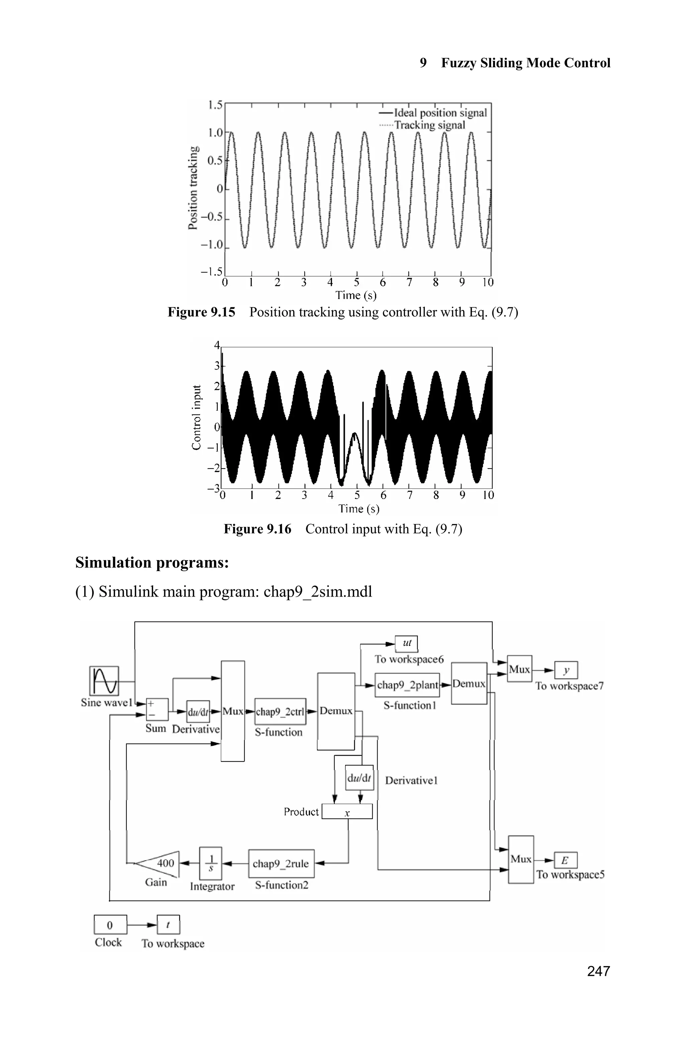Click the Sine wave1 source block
[x=104, y=681]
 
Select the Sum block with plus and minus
[x=157, y=709]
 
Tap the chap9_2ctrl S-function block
[x=280, y=712]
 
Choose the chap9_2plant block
[x=407, y=685]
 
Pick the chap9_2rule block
[x=281, y=863]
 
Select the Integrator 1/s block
[x=211, y=863]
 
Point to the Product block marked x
[x=347, y=812]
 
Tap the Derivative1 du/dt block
[x=359, y=778]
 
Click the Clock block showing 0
[x=110, y=925]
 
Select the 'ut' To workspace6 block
[x=406, y=643]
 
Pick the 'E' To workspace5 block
[x=565, y=860]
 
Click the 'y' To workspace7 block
[x=566, y=670]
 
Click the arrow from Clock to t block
[x=141, y=925]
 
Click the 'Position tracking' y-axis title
[x=193, y=188]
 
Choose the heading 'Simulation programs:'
[x=152, y=562]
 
